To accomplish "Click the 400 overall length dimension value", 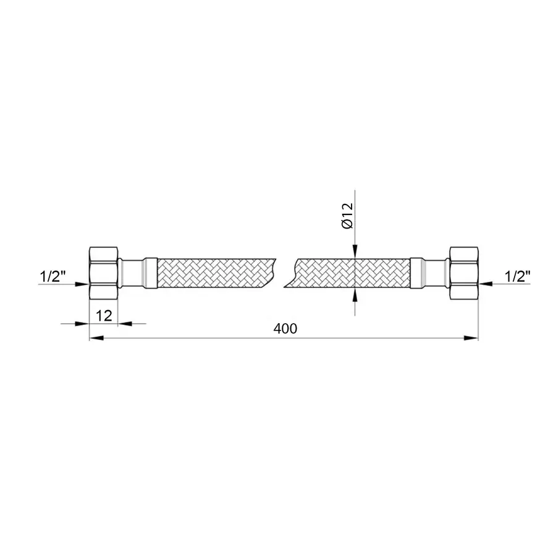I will [x=285, y=329].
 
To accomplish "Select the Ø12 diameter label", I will [x=347, y=216].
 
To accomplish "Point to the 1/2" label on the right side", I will [x=516, y=276].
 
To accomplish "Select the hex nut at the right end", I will [x=464, y=272].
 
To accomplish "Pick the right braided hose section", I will [x=352, y=272].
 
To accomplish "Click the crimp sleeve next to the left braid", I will [x=151, y=272].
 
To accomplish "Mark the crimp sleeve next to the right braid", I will [x=417, y=272].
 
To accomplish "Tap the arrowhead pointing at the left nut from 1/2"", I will [x=83, y=284].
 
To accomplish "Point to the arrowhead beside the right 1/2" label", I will [x=486, y=284].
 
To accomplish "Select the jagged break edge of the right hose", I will [x=292, y=272].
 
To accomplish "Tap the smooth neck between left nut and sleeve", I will [x=130, y=272].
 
